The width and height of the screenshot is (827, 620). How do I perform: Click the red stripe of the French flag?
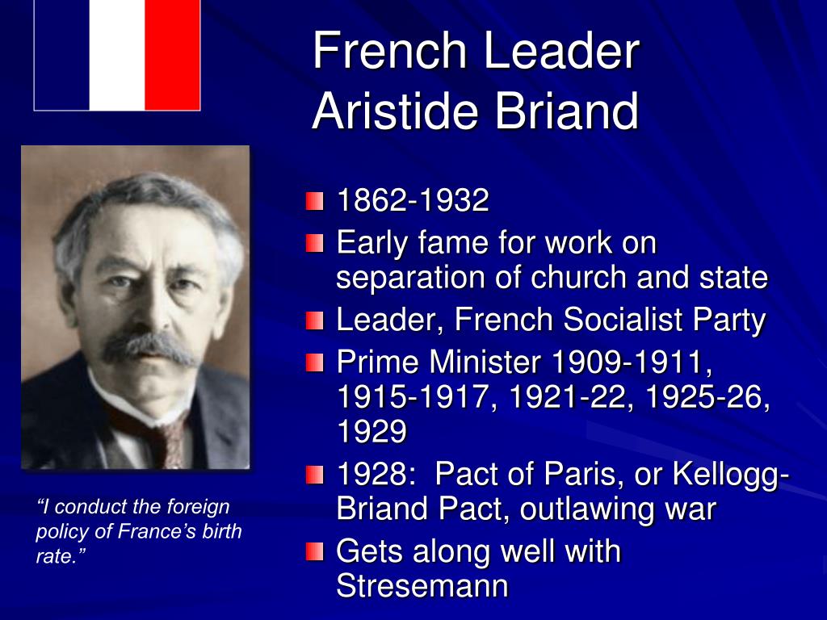(x=173, y=55)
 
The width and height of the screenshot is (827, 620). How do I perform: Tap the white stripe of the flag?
(x=117, y=55)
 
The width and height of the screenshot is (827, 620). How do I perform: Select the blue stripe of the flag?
(x=62, y=55)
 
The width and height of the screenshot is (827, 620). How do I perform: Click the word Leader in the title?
(x=560, y=51)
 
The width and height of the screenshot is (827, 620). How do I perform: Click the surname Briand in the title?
(x=566, y=111)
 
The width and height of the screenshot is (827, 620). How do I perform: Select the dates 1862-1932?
(x=413, y=200)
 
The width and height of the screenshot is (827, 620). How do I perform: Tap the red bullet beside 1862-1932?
(x=314, y=201)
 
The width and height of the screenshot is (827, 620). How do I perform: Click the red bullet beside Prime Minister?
(x=314, y=362)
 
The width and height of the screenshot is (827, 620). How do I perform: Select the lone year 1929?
(x=372, y=431)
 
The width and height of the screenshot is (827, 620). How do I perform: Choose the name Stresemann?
(x=422, y=586)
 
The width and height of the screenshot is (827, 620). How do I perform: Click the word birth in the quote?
(x=220, y=531)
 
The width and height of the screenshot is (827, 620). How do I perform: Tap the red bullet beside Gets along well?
(x=314, y=552)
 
